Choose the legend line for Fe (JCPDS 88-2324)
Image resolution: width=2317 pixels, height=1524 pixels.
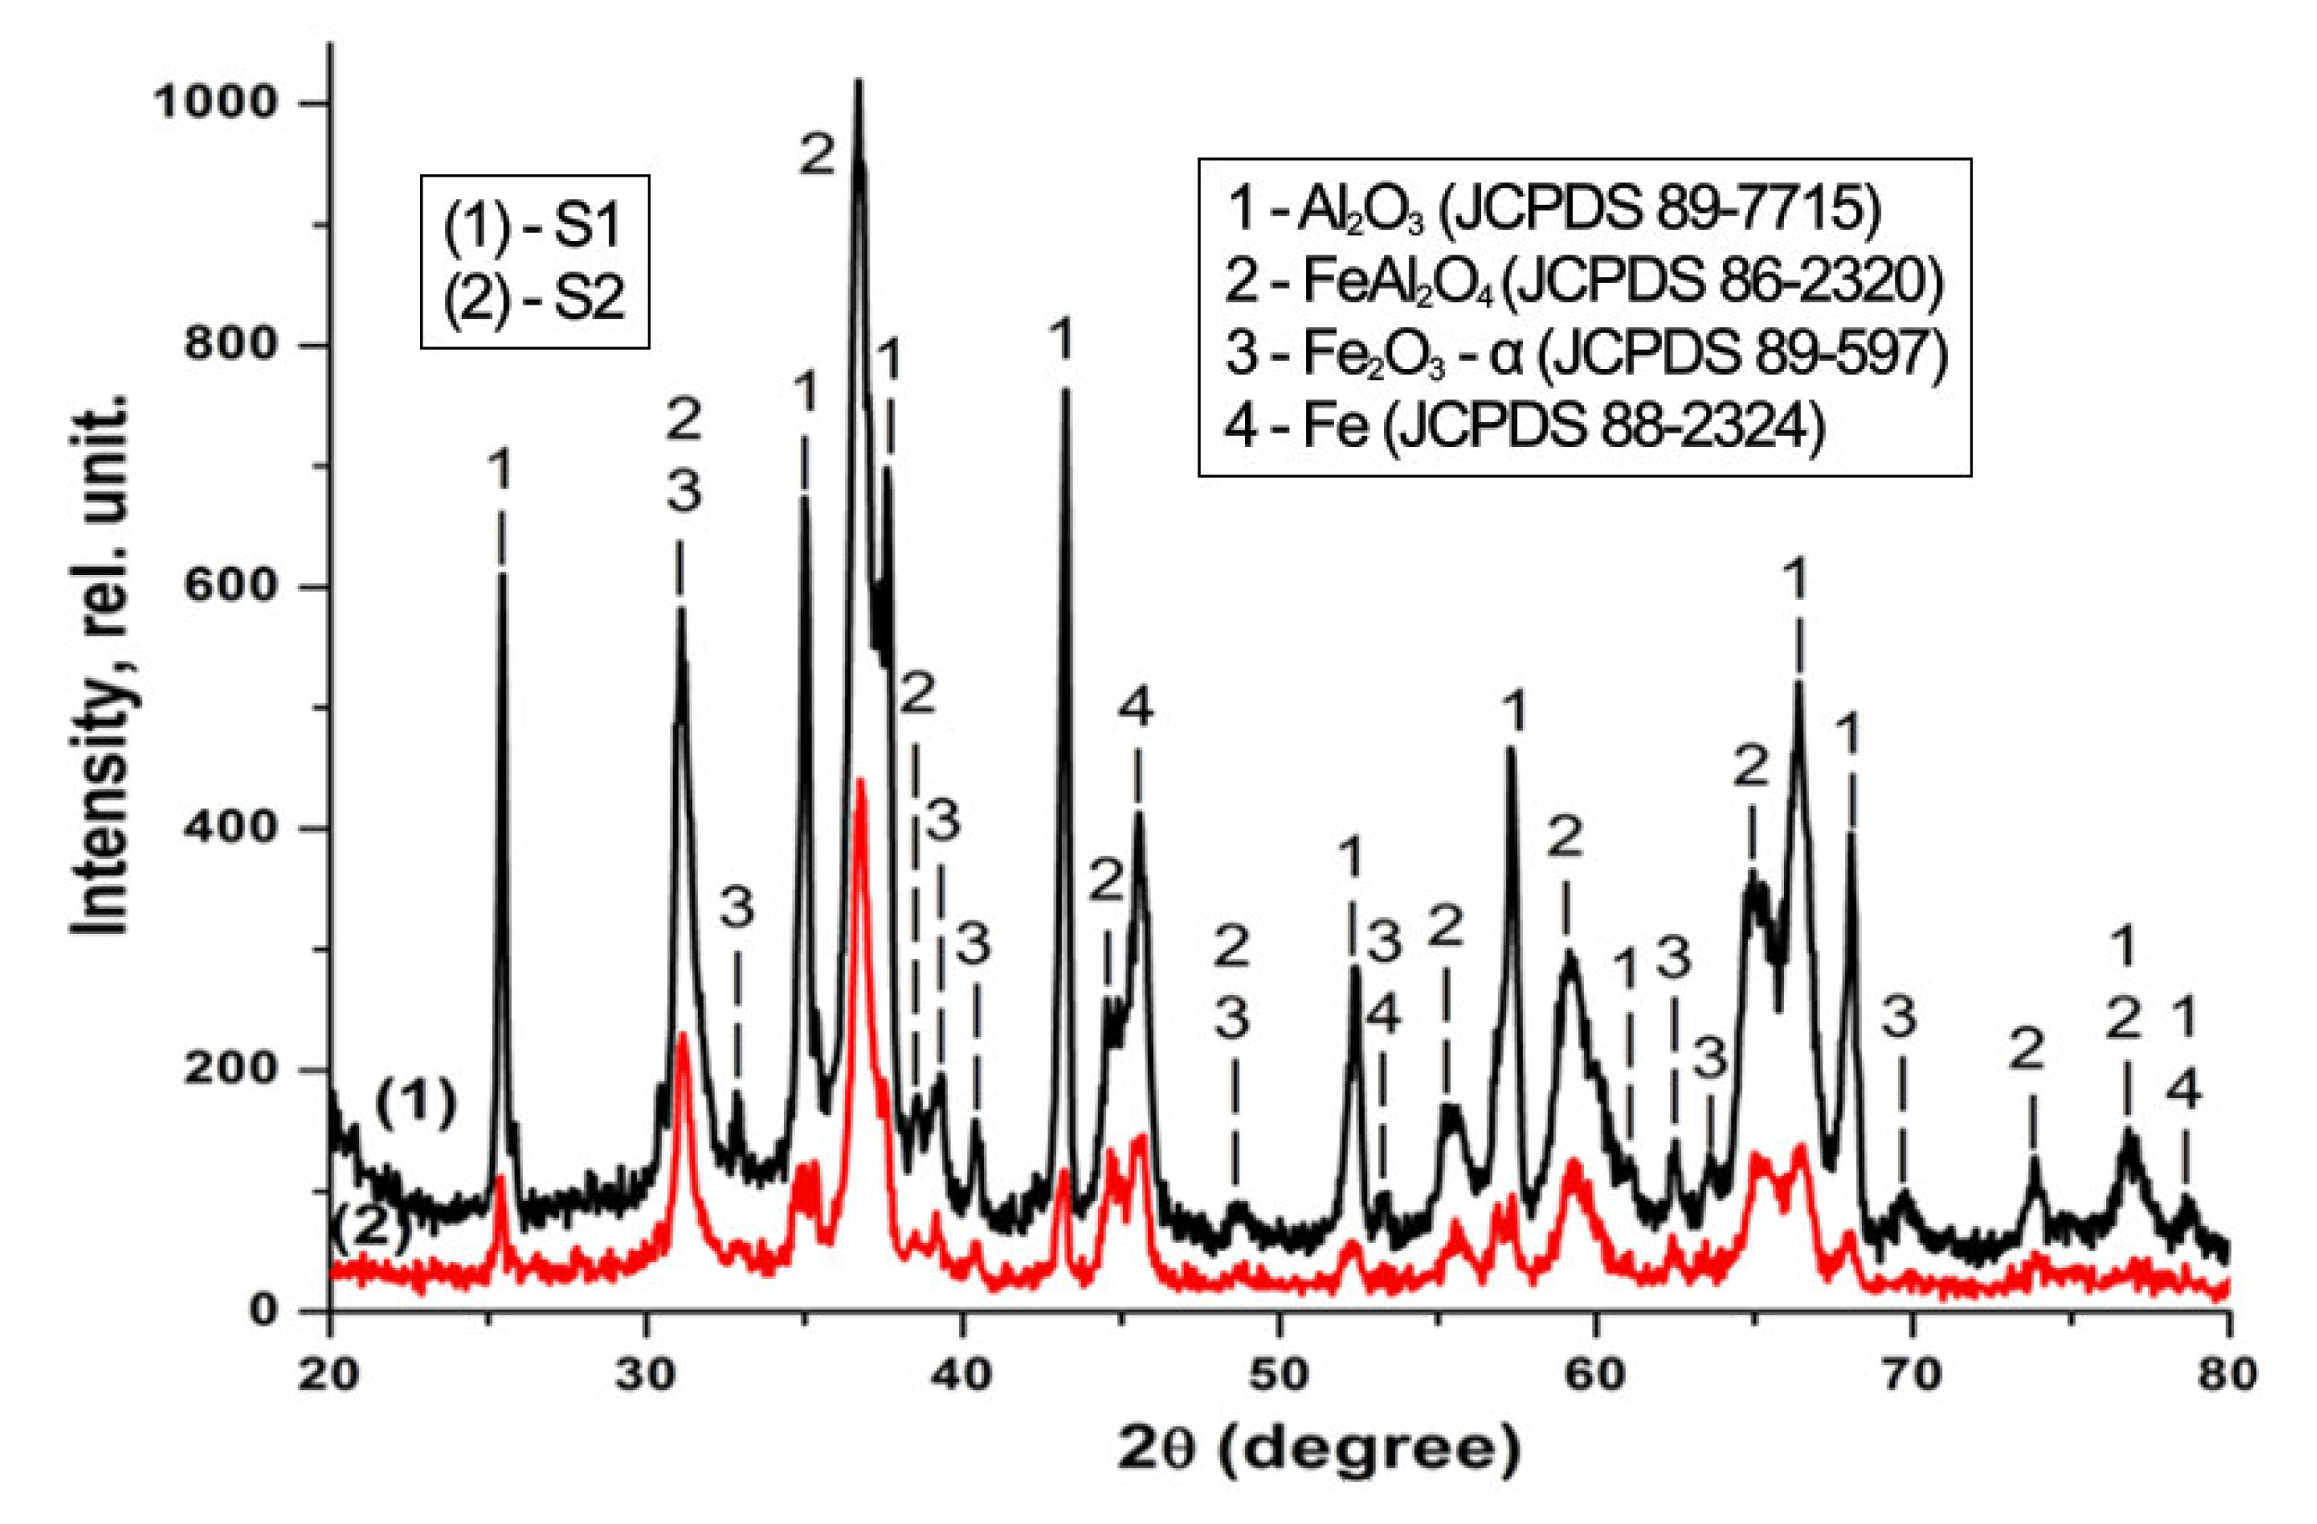coord(1523,428)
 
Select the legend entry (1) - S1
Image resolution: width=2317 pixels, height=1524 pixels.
coord(534,226)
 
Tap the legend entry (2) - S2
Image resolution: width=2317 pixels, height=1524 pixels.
coord(534,298)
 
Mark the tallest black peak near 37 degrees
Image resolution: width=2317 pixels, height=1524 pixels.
coord(858,84)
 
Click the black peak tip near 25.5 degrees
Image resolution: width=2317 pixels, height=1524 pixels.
coord(501,577)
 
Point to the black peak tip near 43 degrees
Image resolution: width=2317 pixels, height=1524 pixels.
coord(1065,392)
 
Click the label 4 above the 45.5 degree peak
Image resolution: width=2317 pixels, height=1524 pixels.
coord(1135,708)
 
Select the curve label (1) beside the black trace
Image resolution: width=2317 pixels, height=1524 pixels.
coord(416,1106)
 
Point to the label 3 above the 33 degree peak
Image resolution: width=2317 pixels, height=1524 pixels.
coord(737,911)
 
